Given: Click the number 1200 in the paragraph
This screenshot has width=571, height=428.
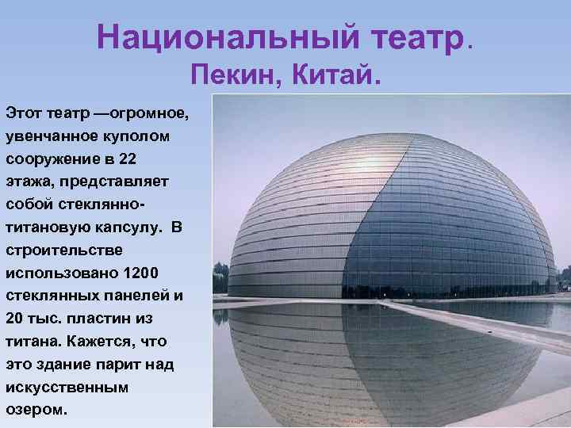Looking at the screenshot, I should point(143,273).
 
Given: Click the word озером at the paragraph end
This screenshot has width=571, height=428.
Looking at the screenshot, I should point(36,411).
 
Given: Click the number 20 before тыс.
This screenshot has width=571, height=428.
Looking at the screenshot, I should point(14,319).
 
